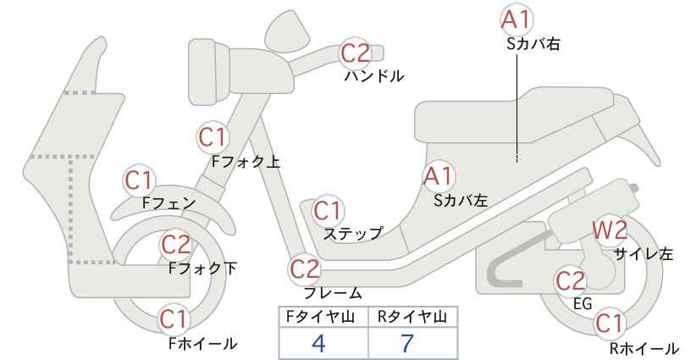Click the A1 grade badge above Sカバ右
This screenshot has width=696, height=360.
pos(516,19)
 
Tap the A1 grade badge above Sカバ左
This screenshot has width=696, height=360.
pos(438,176)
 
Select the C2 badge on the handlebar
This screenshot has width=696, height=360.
pos(355,53)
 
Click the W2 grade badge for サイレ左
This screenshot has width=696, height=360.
pos(610,230)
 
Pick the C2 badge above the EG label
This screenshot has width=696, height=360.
pos(571,280)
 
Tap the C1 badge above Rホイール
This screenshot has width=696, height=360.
pos(609,324)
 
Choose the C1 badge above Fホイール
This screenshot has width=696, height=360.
pos(174,318)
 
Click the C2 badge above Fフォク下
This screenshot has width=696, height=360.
pos(175,245)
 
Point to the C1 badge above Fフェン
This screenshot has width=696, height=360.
pos(139,180)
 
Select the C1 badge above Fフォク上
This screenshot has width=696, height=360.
pos(213,136)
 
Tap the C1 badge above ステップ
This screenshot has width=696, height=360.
pos(328,211)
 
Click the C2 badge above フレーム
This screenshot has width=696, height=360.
pos(305,269)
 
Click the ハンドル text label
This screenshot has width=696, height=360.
pos(374,76)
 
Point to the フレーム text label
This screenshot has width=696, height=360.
pos(333,293)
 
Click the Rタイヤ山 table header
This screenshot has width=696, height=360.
pos(413,317)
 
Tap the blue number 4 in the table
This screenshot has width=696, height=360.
pos(318,343)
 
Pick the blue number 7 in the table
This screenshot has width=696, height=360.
pos(407,343)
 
